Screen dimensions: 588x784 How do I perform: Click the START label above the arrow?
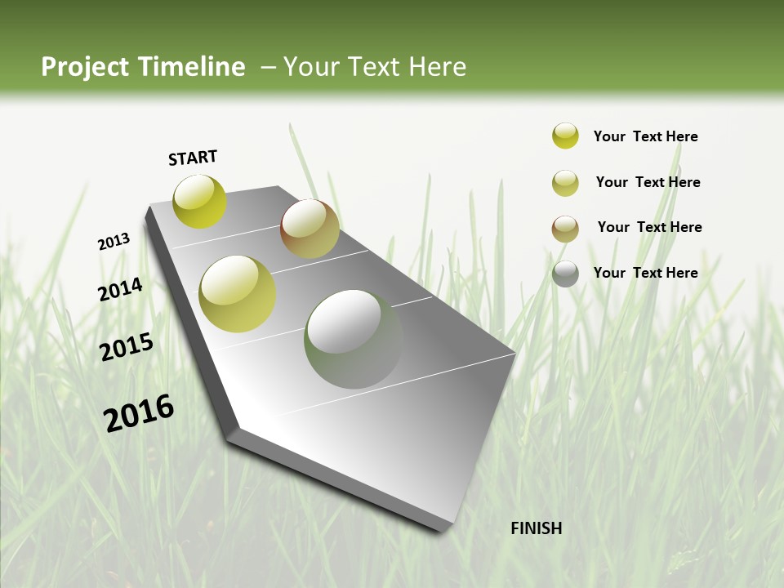[193, 158]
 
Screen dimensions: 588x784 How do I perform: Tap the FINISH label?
[536, 528]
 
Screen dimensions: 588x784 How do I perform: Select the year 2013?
[114, 242]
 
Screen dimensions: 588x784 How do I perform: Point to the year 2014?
[121, 290]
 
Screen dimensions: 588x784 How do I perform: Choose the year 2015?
[127, 347]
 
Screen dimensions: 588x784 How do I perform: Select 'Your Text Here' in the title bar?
[374, 67]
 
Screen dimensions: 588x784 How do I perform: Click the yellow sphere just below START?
[199, 202]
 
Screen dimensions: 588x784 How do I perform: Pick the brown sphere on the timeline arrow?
[310, 229]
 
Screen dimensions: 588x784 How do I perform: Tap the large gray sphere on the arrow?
[354, 339]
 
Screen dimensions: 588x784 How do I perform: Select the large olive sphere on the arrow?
[238, 294]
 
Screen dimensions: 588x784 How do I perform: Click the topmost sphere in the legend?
[565, 136]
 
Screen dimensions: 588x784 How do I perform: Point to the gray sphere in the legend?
[565, 274]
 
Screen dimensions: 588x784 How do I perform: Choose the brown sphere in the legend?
[565, 229]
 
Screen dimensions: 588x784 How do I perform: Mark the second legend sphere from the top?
[565, 183]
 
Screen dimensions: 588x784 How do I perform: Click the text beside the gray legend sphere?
[645, 273]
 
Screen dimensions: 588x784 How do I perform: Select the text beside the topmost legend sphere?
[645, 136]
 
